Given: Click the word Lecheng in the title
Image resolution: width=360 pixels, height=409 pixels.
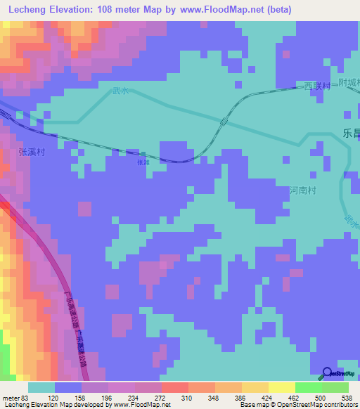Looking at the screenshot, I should click(x=29, y=10).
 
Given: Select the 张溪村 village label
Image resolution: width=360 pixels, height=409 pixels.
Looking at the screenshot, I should click(x=32, y=150).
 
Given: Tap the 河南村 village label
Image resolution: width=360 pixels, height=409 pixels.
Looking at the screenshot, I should click(x=304, y=190).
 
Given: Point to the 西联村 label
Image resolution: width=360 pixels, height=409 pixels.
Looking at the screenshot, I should click(x=316, y=86).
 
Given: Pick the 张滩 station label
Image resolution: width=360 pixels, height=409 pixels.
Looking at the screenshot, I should click(x=143, y=162).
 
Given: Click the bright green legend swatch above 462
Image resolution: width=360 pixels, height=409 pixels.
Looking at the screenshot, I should click(x=308, y=387).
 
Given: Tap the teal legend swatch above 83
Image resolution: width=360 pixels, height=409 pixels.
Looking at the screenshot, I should click(x=41, y=387).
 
